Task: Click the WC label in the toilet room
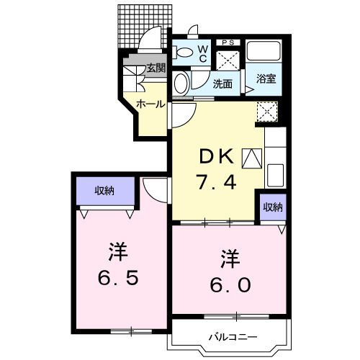(x=203, y=53)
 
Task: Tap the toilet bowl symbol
(x=184, y=51)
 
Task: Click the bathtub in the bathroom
(x=264, y=52)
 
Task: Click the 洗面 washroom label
(x=222, y=84)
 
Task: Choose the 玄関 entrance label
(x=156, y=69)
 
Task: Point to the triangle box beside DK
(x=253, y=156)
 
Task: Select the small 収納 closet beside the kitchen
(x=272, y=207)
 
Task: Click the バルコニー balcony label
(x=230, y=336)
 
